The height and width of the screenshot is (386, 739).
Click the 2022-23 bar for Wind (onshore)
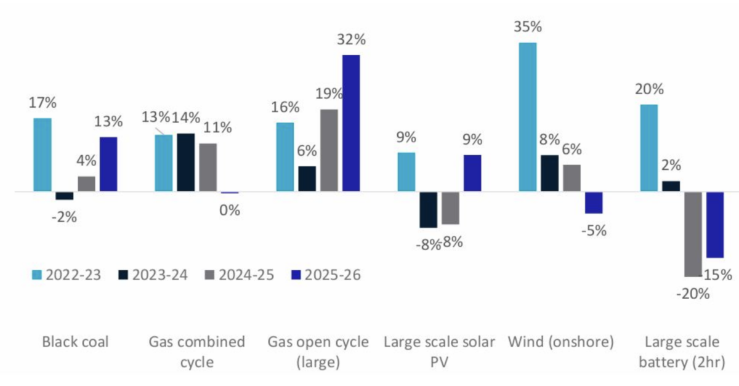pos(528,117)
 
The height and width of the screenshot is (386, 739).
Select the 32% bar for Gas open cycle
pos(350,123)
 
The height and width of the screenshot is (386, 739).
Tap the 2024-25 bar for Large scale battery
pos(693,234)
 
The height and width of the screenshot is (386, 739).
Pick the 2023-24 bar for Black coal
pos(64,196)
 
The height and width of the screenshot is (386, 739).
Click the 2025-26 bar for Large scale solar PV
pos(472,173)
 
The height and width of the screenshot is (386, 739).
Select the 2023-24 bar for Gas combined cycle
pos(185,162)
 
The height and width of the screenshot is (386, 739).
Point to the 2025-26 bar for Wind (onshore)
pos(594,203)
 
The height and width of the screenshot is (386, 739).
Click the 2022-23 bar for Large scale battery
pos(649,148)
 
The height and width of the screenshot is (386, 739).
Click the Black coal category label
pos(75,342)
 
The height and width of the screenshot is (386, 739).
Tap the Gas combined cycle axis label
pos(196,352)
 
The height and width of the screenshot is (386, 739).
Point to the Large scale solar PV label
pos(439,352)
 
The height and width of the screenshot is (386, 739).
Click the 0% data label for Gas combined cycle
pos(229,210)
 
